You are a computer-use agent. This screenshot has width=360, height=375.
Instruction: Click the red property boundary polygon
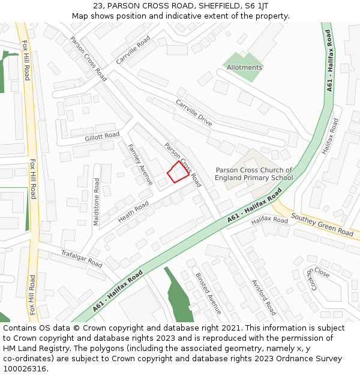(178, 173)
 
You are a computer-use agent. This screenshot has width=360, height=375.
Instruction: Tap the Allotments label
(244, 68)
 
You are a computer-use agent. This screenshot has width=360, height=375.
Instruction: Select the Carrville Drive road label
(194, 113)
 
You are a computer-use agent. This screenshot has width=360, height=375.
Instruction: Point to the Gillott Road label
(102, 137)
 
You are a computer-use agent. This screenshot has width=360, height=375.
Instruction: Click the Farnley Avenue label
(140, 164)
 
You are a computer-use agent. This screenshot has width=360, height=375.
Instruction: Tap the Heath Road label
(133, 212)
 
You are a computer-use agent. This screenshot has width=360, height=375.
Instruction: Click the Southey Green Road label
(322, 224)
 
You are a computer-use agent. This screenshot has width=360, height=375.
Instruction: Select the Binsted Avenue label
(208, 293)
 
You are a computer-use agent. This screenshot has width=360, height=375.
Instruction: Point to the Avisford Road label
(263, 297)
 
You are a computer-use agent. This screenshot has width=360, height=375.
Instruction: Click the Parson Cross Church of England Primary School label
(254, 174)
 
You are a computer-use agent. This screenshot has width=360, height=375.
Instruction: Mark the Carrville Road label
(133, 50)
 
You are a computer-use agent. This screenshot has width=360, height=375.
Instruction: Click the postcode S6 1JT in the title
(256, 6)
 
